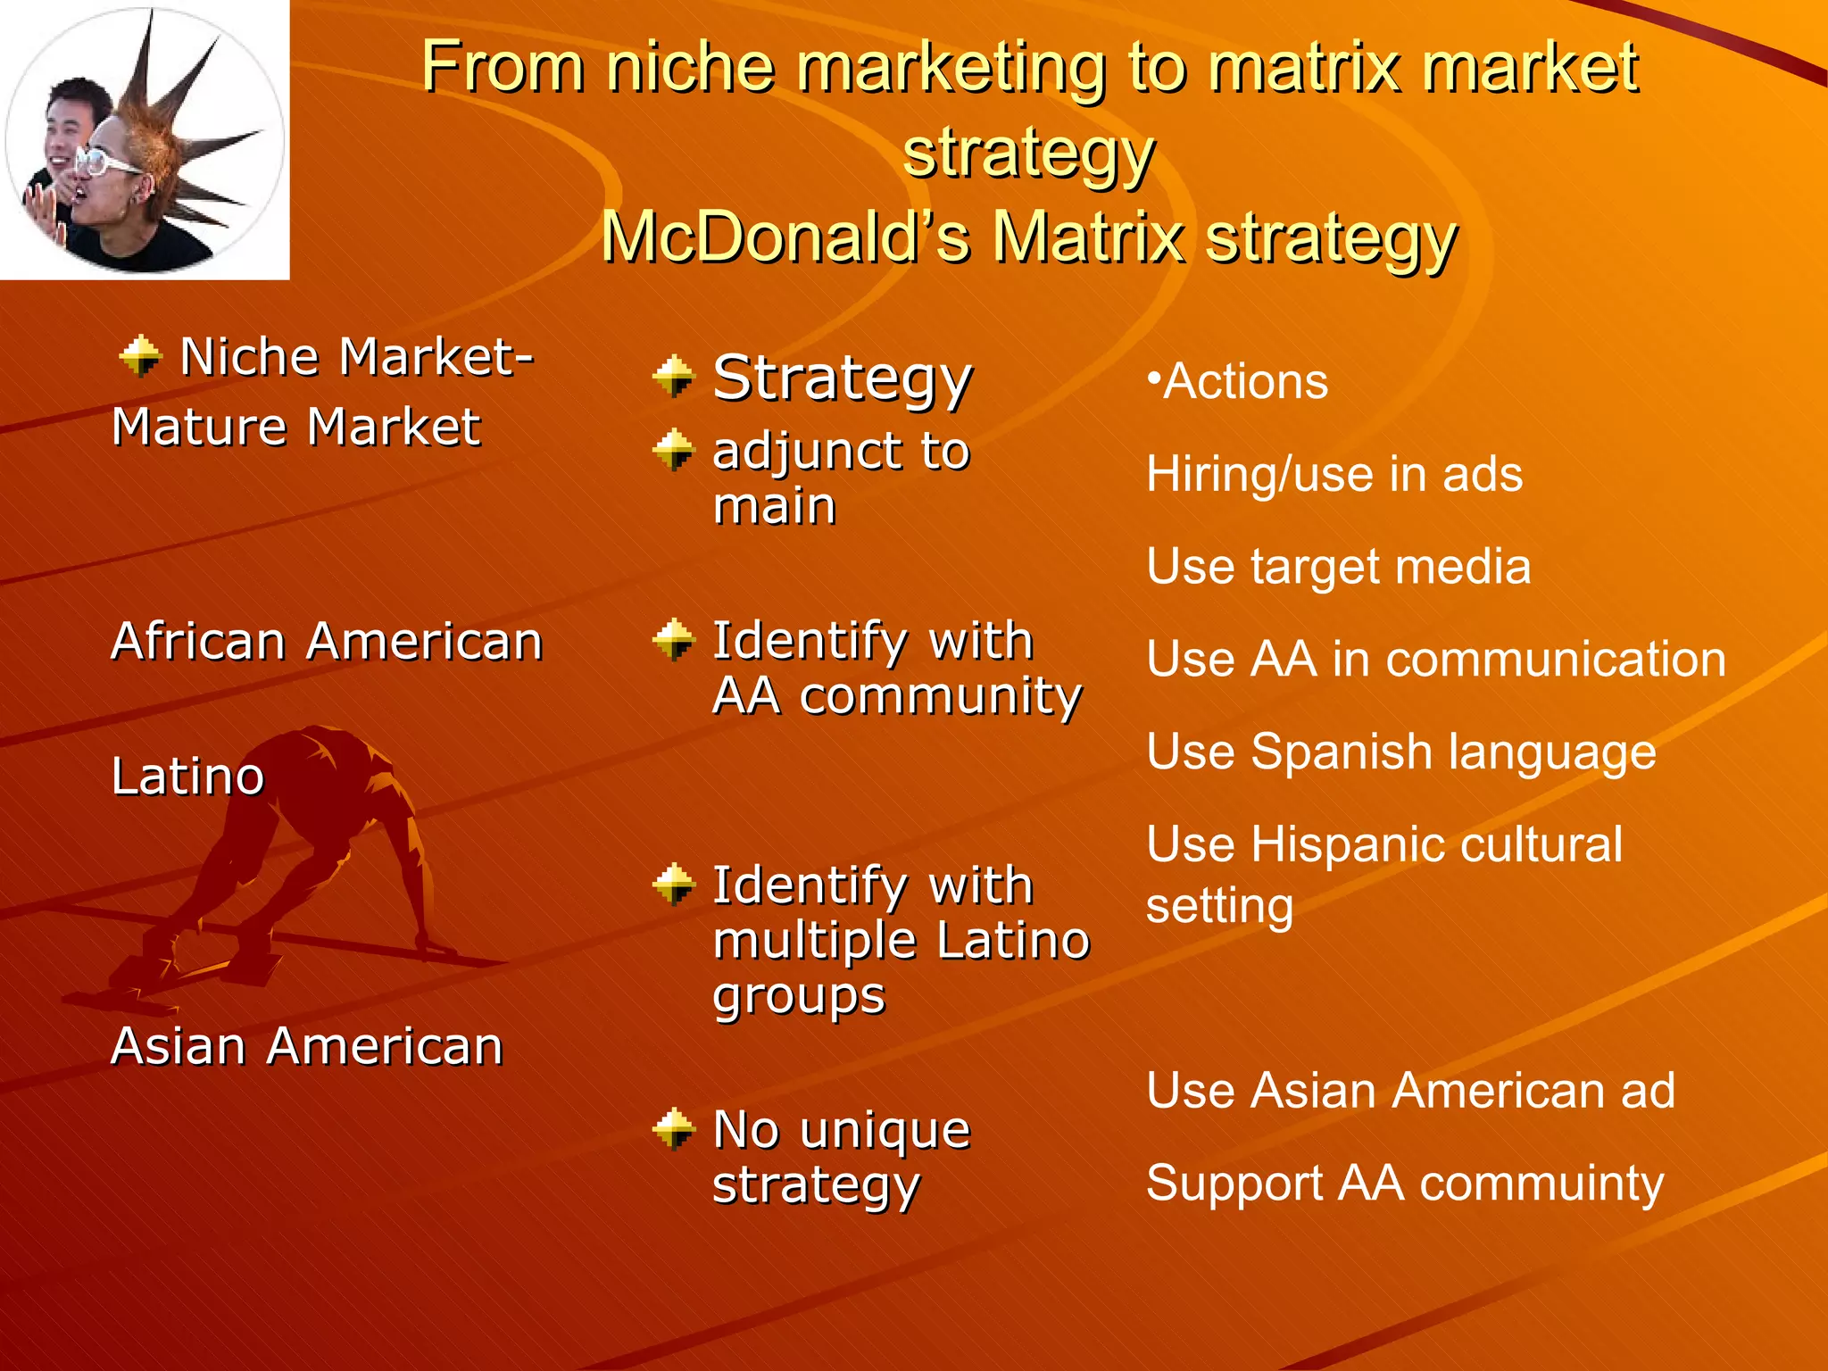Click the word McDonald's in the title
pyautogui.click(x=785, y=237)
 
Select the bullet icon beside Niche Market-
pyautogui.click(x=141, y=356)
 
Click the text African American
pyautogui.click(x=327, y=642)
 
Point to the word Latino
pyautogui.click(x=188, y=777)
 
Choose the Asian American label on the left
pyautogui.click(x=307, y=1046)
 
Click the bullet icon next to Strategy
pyautogui.click(x=674, y=378)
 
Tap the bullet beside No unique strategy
pyautogui.click(x=674, y=1130)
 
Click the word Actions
pyautogui.click(x=1245, y=382)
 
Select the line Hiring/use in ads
pyautogui.click(x=1334, y=474)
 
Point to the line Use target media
pyautogui.click(x=1338, y=567)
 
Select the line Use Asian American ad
pyautogui.click(x=1410, y=1091)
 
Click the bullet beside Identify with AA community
pyautogui.click(x=674, y=640)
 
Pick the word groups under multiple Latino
pyautogui.click(x=799, y=997)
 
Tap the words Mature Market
pyautogui.click(x=296, y=427)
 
